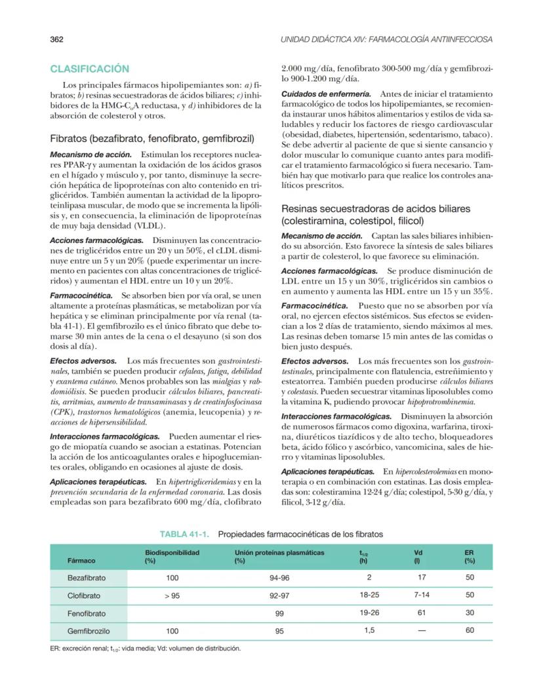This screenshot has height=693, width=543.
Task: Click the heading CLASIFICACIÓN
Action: (x=89, y=69)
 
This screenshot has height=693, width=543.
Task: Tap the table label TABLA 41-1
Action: (x=185, y=534)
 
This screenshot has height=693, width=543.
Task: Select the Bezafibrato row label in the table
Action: (x=87, y=578)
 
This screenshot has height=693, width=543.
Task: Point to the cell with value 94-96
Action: (x=279, y=578)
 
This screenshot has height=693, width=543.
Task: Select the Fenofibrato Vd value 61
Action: (x=421, y=614)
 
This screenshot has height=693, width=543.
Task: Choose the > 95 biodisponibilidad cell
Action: (x=172, y=596)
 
